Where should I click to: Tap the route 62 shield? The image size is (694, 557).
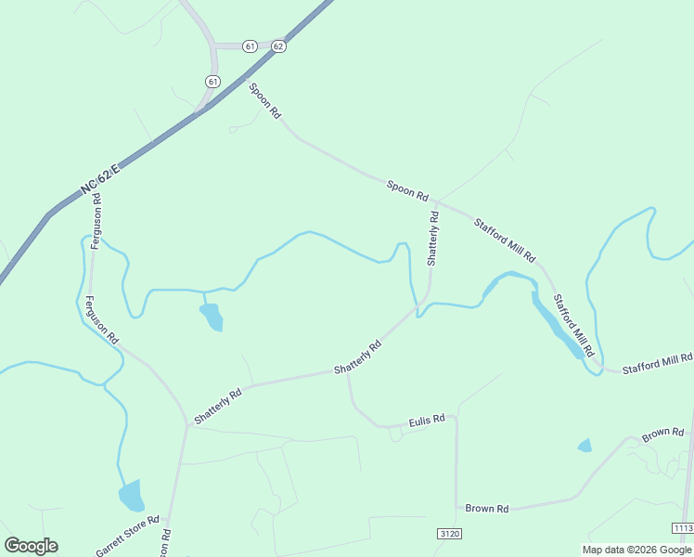(x=278, y=45)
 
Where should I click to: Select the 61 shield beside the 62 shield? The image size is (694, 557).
(x=250, y=45)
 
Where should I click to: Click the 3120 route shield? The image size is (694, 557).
(x=448, y=534)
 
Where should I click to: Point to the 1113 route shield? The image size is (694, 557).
(x=682, y=527)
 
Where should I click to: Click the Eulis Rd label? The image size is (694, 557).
(x=428, y=421)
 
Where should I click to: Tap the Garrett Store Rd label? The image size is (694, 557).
(x=128, y=537)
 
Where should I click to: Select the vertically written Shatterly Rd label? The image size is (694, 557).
(x=432, y=239)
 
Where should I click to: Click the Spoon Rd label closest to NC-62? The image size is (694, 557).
(x=264, y=100)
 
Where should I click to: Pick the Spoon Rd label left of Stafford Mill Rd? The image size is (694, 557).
(x=408, y=191)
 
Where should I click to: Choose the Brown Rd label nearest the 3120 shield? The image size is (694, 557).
(x=487, y=509)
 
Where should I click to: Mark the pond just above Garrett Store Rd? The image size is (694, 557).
(x=132, y=496)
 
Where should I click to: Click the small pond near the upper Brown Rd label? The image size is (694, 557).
(x=585, y=446)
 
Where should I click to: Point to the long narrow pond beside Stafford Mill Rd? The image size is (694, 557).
(x=556, y=324)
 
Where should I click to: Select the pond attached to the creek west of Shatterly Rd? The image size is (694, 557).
(x=211, y=316)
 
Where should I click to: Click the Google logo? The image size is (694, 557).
(x=31, y=546)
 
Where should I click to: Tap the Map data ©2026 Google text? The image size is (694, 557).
(x=636, y=550)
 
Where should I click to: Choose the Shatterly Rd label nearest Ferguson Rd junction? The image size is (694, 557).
(x=218, y=406)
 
